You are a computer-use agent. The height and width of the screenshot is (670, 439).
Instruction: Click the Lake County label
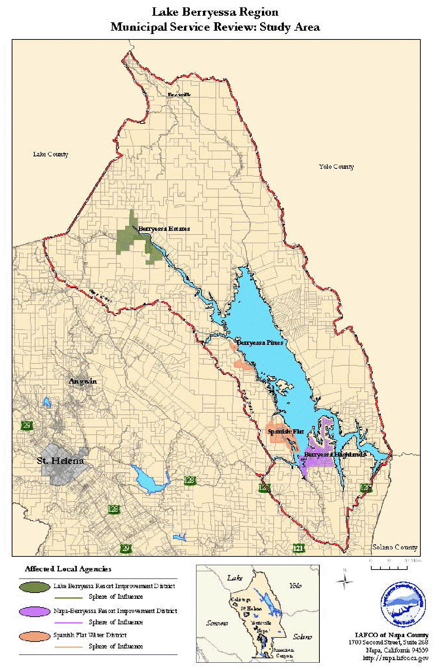(x=50, y=154)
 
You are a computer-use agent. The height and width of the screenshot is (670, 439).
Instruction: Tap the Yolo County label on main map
(x=336, y=167)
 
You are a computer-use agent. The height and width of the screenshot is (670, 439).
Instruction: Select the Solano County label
(x=395, y=547)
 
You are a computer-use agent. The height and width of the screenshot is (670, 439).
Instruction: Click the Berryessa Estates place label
(x=164, y=229)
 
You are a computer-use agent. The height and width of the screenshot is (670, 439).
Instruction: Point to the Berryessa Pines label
(x=260, y=343)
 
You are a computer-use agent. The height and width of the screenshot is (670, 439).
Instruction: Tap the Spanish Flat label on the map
(x=286, y=431)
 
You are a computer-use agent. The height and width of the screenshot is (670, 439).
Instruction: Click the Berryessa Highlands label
(x=335, y=454)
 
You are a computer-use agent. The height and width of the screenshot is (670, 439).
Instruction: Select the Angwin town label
(x=83, y=381)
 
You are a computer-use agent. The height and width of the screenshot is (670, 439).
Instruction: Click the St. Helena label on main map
(x=60, y=461)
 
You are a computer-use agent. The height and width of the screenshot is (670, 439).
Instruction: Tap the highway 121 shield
(x=298, y=548)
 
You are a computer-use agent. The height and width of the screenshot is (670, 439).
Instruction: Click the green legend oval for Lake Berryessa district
(x=35, y=587)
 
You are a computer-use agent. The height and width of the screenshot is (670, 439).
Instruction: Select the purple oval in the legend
(x=35, y=611)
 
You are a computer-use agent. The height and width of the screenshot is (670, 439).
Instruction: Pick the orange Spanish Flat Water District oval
(x=35, y=636)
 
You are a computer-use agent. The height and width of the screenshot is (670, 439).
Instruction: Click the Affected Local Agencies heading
(x=68, y=569)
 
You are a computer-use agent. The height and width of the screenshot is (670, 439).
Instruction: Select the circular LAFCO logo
(x=403, y=605)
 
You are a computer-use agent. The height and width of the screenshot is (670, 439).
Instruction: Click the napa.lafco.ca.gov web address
(x=395, y=658)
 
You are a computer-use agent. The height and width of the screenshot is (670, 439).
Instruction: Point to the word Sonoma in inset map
(x=217, y=623)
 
